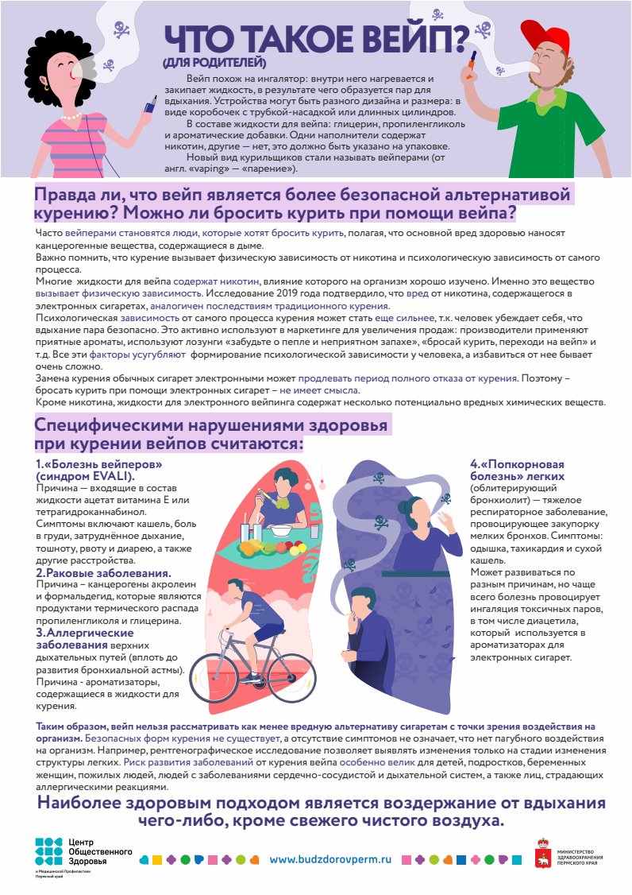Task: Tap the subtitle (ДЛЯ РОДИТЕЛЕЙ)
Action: [x=214, y=63]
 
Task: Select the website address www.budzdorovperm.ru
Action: [x=331, y=859]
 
